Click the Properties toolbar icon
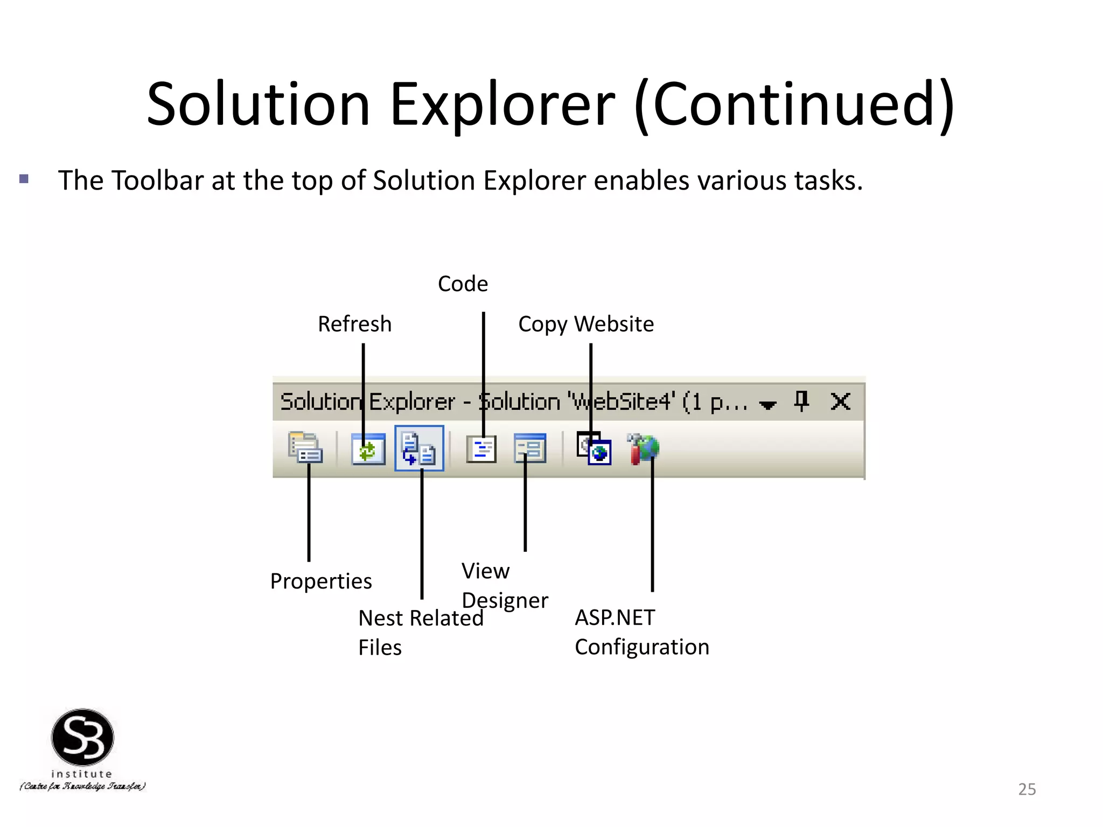305,448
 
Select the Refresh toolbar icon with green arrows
368,449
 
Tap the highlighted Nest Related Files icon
419,448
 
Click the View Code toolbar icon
481,449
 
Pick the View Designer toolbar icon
530,448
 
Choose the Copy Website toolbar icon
594,448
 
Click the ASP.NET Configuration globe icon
644,448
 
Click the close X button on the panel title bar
840,402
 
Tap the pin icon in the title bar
802,402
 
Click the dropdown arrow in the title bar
767,404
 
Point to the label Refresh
354,324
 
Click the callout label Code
463,284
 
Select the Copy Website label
586,324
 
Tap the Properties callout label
321,581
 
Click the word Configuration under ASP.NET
642,647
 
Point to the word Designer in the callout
505,600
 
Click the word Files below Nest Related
380,647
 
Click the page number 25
1027,789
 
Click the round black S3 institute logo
82,737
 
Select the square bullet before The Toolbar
24,179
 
